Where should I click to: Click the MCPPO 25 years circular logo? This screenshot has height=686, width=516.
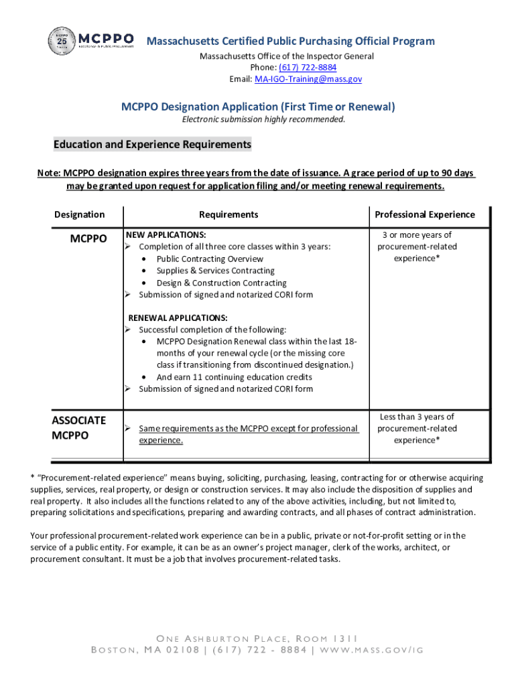click(x=62, y=42)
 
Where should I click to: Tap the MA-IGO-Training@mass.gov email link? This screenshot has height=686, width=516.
click(x=308, y=79)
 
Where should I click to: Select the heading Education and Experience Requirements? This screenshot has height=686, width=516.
click(x=152, y=145)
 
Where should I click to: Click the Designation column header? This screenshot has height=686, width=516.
click(x=79, y=214)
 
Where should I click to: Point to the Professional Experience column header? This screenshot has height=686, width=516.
click(x=425, y=214)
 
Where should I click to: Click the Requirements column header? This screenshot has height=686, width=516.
click(x=229, y=214)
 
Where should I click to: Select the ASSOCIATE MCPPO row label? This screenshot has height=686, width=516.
click(x=78, y=427)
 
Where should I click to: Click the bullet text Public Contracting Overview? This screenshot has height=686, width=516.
click(x=210, y=259)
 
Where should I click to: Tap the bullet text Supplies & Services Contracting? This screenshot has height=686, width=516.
click(x=215, y=271)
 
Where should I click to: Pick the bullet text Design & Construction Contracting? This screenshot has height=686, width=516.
click(x=221, y=283)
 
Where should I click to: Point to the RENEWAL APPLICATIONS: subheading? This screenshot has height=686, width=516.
click(x=178, y=318)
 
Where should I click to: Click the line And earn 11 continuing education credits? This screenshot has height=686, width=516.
click(x=234, y=377)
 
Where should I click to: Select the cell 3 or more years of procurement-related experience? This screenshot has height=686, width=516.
click(x=417, y=247)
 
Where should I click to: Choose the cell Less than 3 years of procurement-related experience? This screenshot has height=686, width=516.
click(x=417, y=428)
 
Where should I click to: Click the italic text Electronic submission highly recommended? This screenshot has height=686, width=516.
click(x=265, y=120)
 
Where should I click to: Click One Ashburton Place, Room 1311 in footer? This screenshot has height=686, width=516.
click(x=258, y=638)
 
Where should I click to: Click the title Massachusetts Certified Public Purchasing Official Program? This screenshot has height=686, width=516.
click(x=290, y=42)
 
